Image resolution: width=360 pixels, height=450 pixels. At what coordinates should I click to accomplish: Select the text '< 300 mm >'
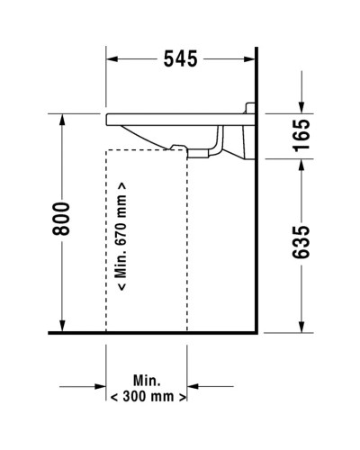coord(148,395)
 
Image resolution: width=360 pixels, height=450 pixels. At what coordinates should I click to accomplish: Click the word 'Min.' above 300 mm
coord(148,379)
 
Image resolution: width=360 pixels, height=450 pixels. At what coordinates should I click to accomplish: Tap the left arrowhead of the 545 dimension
coord(113,60)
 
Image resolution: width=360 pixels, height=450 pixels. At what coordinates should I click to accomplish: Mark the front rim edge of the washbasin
coord(109,118)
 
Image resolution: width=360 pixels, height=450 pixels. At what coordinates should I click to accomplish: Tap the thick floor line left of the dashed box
coord(76,332)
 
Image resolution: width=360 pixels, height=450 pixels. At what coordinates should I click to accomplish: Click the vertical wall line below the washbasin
coord(257,252)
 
